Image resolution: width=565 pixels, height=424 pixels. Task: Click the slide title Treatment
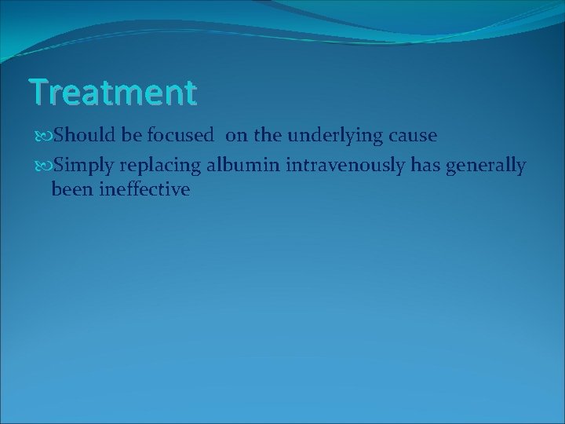pyautogui.click(x=113, y=92)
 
